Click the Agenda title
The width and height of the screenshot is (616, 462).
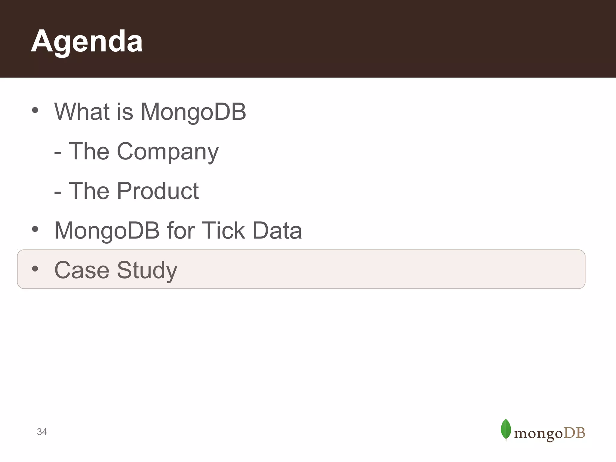(x=87, y=42)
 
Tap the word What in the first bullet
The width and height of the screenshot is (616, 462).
(x=82, y=112)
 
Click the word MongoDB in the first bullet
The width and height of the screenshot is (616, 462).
(x=193, y=112)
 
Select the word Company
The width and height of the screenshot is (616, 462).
(x=168, y=152)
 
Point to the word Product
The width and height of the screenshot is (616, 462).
(x=158, y=191)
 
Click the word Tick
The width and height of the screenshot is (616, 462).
(x=223, y=231)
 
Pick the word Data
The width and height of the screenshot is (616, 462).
(x=277, y=231)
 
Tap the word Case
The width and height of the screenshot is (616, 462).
(x=82, y=270)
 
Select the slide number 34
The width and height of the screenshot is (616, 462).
(x=42, y=432)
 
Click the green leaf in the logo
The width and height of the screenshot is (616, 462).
(x=506, y=429)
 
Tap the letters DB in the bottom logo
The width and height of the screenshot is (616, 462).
(x=574, y=433)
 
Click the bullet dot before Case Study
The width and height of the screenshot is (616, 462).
(x=35, y=268)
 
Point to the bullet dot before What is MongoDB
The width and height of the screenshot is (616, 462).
(x=35, y=110)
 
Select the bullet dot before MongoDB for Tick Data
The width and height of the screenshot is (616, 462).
(x=35, y=229)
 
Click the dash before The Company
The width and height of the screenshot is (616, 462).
(x=58, y=153)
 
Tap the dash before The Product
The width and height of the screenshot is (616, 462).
(x=58, y=192)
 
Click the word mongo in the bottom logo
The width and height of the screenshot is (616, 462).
(x=538, y=434)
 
